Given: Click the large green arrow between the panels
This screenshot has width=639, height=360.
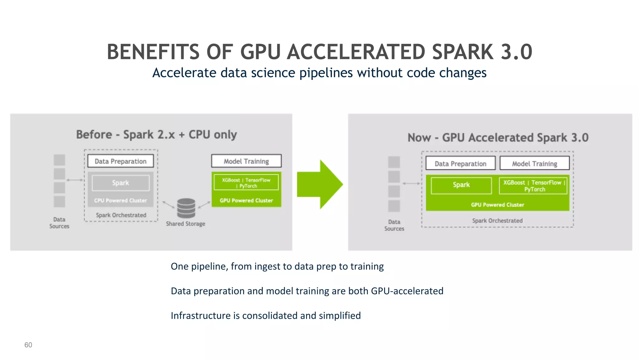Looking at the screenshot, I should tap(320, 184).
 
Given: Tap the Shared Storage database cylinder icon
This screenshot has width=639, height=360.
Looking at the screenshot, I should tap(186, 208).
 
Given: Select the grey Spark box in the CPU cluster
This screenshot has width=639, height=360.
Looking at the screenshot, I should tap(120, 183).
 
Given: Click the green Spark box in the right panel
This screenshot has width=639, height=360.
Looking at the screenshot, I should tap(461, 185).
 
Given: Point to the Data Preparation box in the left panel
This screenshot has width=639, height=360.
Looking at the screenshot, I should tap(120, 161).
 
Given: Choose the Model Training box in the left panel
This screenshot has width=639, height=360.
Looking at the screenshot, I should tap(246, 161).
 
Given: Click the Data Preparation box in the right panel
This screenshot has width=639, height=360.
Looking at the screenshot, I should tap(461, 164).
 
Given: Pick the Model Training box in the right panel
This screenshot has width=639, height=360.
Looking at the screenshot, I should tap(534, 164).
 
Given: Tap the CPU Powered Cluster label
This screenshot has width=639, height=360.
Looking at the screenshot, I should tap(120, 200).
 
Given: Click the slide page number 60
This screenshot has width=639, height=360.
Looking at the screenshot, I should tap(28, 345).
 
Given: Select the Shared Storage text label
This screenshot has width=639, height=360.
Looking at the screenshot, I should tap(186, 224).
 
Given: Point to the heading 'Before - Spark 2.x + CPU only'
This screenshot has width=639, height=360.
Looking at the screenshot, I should tap(157, 135).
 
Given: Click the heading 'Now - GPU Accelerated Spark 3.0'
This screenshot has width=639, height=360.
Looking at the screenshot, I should tap(498, 138).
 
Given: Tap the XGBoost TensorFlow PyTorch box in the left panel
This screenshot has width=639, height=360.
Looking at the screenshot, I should tap(246, 183).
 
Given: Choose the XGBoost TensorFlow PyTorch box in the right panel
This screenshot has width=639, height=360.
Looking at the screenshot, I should tap(533, 186).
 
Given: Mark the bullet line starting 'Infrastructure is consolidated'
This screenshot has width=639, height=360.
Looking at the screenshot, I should tap(266, 316).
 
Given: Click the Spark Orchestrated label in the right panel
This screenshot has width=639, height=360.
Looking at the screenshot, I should tap(497, 221).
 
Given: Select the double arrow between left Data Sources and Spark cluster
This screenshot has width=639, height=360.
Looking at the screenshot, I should tap(75, 180).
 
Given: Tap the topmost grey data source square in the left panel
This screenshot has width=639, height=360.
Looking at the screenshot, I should tap(59, 160).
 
